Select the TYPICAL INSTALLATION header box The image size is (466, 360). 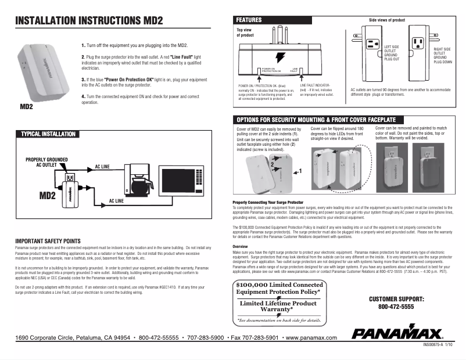coord(48,134)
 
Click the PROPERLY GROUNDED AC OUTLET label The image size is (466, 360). coord(46,162)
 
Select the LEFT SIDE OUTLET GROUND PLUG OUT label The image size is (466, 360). coord(392,52)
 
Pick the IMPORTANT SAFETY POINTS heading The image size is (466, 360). coord(48,240)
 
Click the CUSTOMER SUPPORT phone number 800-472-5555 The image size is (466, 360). coord(396,306)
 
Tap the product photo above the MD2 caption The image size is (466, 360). coord(41,72)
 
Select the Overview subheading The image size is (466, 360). coord(240,246)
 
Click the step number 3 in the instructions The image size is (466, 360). coord(83,78)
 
